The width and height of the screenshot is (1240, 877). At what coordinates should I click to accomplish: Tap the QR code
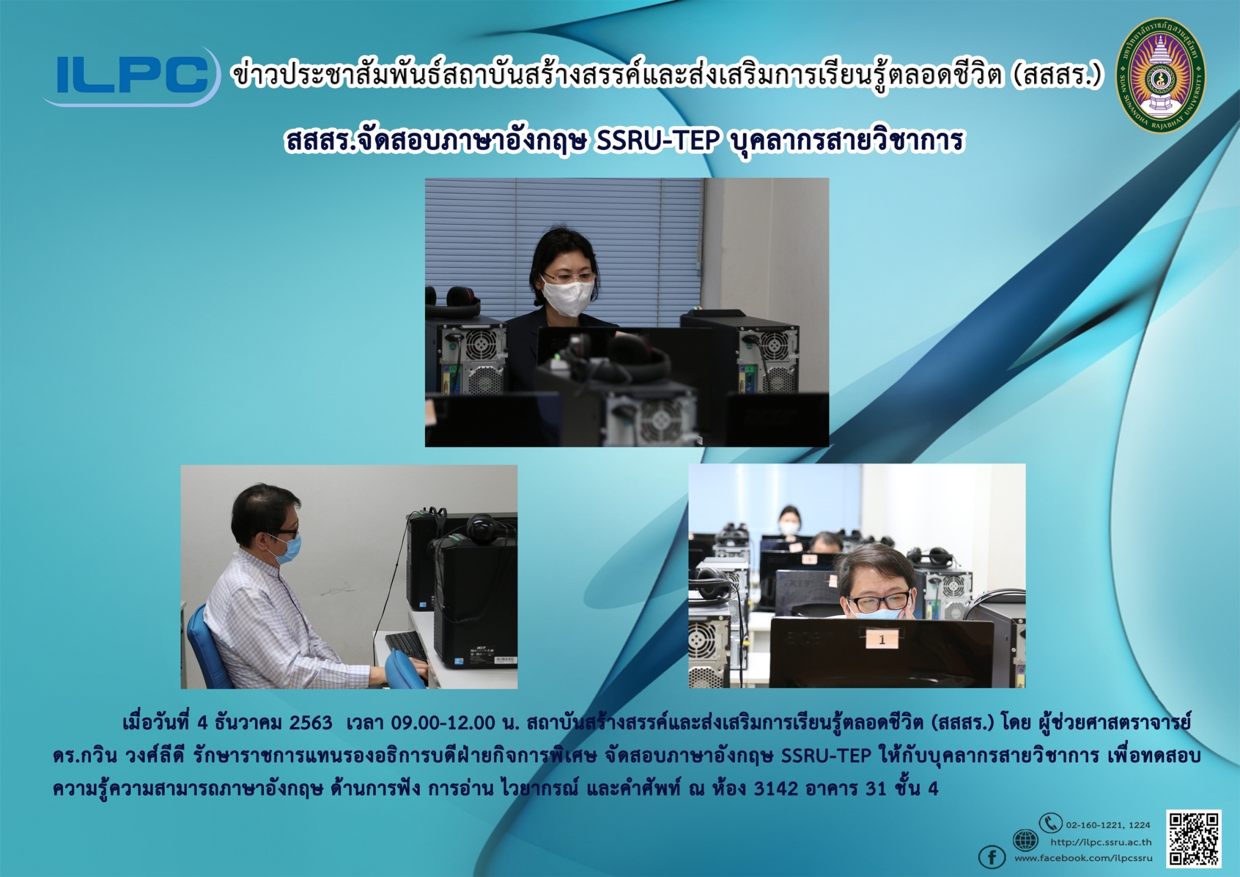[1194, 838]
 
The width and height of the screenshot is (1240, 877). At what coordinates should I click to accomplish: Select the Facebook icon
[992, 857]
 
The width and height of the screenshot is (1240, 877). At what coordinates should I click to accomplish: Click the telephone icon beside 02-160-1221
[1050, 823]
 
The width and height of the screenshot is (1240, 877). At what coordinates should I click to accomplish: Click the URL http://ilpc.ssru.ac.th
[1101, 842]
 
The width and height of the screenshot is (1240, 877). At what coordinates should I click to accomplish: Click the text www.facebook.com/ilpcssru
[1083, 858]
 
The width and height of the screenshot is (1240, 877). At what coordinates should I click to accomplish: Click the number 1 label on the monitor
[882, 639]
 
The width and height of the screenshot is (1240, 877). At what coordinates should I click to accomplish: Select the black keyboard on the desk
[406, 646]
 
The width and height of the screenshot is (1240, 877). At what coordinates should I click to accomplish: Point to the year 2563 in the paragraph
[311, 722]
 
